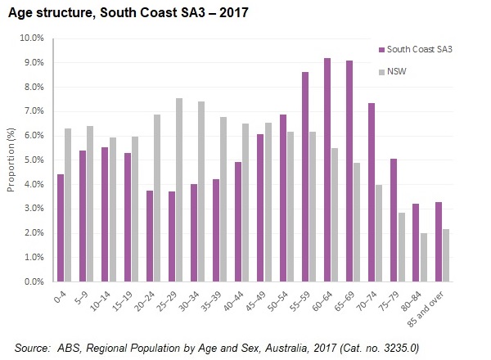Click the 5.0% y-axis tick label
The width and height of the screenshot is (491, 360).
point(32,160)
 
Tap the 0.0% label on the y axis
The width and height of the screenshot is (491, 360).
point(32,282)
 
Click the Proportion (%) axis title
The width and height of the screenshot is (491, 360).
point(11,160)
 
